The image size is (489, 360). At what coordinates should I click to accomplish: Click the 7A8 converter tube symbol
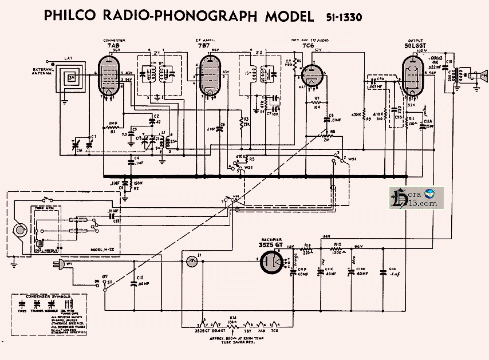click(110, 76)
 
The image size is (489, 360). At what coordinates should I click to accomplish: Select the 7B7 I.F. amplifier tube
click(209, 77)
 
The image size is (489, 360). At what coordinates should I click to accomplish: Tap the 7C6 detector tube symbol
click(311, 76)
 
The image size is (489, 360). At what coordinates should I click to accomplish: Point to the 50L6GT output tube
click(412, 77)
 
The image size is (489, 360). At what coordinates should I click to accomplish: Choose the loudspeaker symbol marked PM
click(474, 75)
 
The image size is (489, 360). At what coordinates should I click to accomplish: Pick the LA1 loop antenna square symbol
click(72, 79)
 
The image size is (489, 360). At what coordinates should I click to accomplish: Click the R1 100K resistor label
click(113, 127)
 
